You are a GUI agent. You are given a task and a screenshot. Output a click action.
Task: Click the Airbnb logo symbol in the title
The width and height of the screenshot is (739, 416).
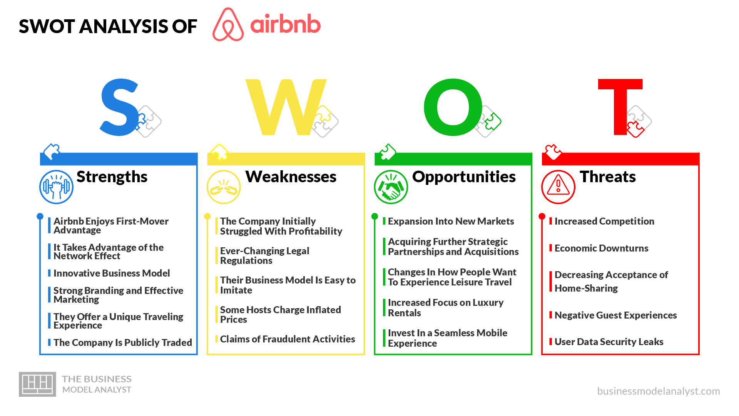pos(228,25)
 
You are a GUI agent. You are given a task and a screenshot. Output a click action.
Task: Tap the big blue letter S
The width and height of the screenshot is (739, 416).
pos(119,107)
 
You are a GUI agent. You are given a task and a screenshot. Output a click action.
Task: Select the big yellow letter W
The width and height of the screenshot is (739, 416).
pos(286,107)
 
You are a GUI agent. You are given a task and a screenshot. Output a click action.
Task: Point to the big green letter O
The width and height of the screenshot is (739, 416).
pos(453,107)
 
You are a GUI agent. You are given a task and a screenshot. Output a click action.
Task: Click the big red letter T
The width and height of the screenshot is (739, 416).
pos(620,107)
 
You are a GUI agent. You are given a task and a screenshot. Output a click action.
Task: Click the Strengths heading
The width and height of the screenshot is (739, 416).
pos(112,177)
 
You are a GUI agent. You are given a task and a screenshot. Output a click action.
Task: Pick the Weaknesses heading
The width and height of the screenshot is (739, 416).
pos(291,177)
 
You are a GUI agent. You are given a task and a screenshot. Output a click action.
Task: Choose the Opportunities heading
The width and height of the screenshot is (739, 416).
pos(464,177)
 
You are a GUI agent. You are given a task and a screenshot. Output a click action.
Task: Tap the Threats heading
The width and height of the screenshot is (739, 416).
pos(608,177)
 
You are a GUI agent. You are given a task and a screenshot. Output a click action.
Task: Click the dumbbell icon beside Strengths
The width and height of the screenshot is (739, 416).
pos(56,187)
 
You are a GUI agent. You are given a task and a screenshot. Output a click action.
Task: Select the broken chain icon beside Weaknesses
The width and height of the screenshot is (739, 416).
pos(224,187)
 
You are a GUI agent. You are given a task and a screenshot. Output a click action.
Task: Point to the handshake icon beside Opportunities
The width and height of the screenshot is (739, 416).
pos(391,187)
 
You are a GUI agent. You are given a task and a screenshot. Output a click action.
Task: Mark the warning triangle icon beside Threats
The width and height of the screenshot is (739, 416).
pos(558,187)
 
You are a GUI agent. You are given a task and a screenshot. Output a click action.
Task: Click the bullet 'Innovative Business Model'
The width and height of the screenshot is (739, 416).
pos(112,273)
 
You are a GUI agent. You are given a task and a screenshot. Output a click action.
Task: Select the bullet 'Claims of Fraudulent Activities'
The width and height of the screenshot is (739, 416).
pos(288,339)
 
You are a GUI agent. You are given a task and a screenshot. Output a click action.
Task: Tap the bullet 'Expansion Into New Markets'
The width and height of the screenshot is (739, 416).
pos(451,221)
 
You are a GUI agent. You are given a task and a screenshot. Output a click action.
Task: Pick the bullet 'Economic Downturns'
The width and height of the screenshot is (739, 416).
pos(602,248)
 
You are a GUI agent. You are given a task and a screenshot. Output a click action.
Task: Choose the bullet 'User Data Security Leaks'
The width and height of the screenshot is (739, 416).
pos(609,342)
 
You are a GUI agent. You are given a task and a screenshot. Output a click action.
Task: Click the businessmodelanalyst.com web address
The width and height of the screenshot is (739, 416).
pos(659,391)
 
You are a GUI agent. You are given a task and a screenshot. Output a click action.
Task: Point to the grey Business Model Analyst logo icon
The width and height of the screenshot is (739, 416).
pos(37,384)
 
